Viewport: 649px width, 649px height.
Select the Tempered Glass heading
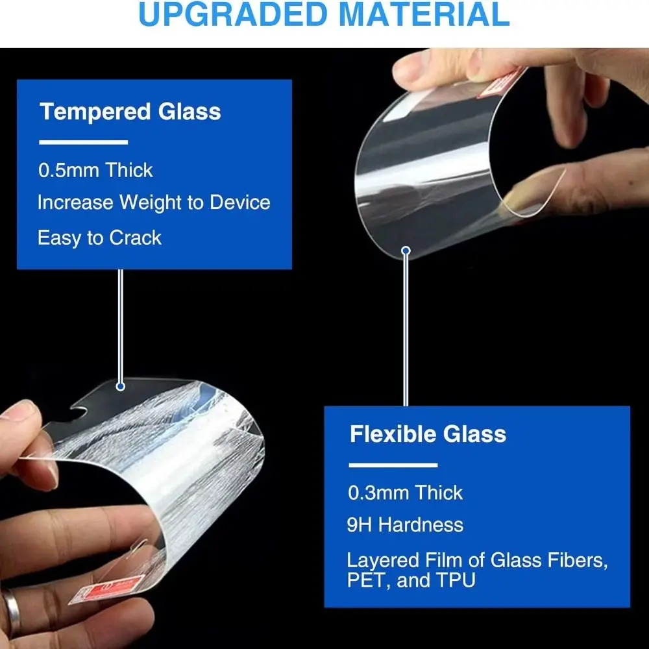(130, 112)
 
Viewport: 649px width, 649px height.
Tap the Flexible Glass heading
(428, 434)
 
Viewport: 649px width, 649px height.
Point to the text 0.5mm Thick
(95, 171)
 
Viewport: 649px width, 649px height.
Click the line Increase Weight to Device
(153, 202)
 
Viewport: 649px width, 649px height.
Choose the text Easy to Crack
(99, 238)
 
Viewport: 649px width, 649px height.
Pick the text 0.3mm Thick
(406, 493)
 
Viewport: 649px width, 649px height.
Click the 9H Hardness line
(405, 525)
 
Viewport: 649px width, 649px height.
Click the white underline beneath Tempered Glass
(83, 142)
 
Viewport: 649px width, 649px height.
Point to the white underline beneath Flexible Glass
(393, 465)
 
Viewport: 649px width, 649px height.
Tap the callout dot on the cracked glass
(120, 387)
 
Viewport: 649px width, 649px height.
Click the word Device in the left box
(239, 202)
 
